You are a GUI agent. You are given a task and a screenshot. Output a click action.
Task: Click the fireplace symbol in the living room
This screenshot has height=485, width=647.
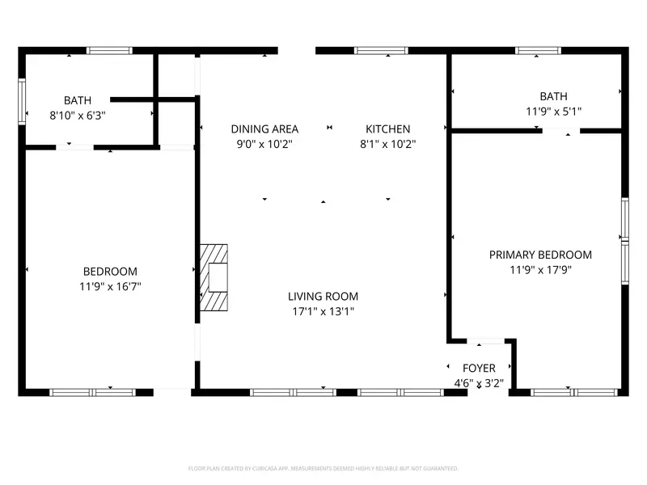click(x=215, y=277)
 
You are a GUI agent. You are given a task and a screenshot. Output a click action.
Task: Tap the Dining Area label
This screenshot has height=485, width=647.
click(x=264, y=129)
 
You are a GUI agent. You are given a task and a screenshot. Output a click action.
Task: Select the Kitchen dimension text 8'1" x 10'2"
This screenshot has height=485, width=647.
click(x=388, y=144)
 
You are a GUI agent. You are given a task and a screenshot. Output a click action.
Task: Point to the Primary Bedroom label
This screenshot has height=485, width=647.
click(x=540, y=255)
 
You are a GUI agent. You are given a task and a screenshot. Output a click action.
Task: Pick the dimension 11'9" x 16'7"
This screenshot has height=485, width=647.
click(x=110, y=286)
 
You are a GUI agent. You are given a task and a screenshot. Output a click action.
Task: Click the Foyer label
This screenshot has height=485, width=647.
click(x=479, y=369)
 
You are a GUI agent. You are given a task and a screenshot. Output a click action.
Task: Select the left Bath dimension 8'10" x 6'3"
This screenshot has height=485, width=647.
click(x=78, y=116)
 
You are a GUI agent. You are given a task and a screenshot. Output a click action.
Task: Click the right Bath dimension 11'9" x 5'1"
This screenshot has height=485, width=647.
click(x=554, y=111)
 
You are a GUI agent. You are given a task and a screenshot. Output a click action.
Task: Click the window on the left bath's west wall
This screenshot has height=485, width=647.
click(x=23, y=101)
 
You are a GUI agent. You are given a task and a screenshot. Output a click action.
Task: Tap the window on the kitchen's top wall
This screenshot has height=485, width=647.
click(x=381, y=50)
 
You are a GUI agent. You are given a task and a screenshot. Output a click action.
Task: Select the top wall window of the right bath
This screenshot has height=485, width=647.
click(x=539, y=50)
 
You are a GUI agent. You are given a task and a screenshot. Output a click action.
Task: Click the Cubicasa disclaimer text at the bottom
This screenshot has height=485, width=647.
click(x=323, y=468)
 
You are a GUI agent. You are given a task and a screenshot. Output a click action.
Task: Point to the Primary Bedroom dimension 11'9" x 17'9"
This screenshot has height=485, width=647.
click(x=540, y=270)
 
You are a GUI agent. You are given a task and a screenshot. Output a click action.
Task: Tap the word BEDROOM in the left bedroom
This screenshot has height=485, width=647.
click(x=110, y=272)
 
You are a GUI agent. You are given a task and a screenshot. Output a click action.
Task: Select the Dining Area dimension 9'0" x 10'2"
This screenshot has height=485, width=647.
click(x=264, y=144)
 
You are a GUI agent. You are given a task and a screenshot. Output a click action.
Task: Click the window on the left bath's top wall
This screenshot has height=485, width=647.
click(x=110, y=50)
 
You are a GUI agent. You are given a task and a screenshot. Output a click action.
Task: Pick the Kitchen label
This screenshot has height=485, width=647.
click(x=388, y=129)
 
